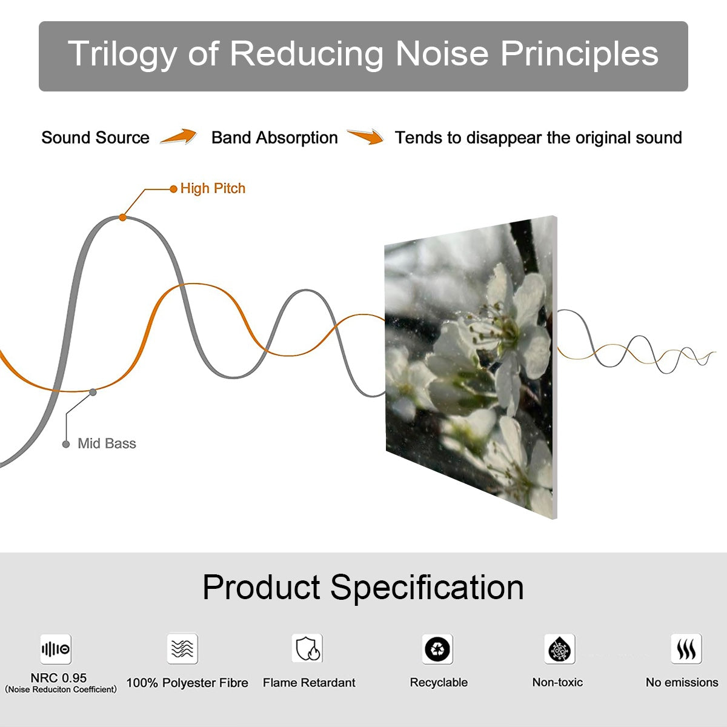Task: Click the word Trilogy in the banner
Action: pyautogui.click(x=122, y=55)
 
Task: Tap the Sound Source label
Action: pyautogui.click(x=96, y=138)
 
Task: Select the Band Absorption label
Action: pyautogui.click(x=274, y=138)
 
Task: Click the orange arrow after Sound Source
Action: pyautogui.click(x=179, y=136)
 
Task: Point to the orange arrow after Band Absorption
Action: pyautogui.click(x=365, y=136)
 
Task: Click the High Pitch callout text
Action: pyautogui.click(x=213, y=188)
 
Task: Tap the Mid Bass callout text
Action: pyautogui.click(x=107, y=443)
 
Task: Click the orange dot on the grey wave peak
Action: pyautogui.click(x=122, y=217)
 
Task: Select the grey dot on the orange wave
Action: pyautogui.click(x=93, y=393)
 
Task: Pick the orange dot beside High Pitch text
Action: pyautogui.click(x=173, y=189)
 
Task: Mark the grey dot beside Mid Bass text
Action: pyautogui.click(x=66, y=444)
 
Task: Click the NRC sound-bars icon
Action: pyautogui.click(x=56, y=649)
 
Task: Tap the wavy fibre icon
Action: pyautogui.click(x=182, y=648)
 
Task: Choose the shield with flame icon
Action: pyautogui.click(x=308, y=648)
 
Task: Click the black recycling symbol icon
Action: pyautogui.click(x=437, y=649)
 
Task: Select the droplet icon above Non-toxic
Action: pyautogui.click(x=560, y=649)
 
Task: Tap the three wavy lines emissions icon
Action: pyautogui.click(x=686, y=648)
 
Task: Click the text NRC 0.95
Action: pyautogui.click(x=59, y=678)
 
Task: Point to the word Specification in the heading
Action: pyautogui.click(x=427, y=588)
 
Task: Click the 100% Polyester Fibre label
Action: pyautogui.click(x=187, y=683)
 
